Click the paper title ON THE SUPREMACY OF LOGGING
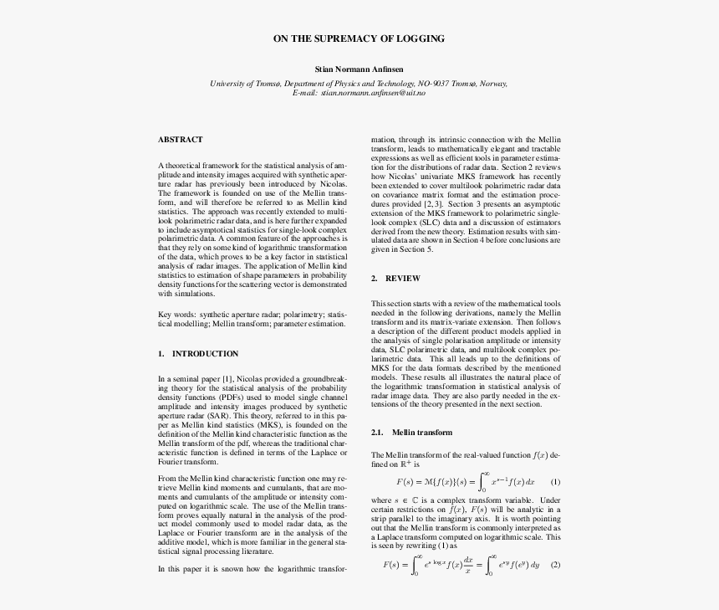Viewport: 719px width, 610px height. pos(359,38)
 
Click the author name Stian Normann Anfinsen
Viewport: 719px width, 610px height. pos(359,69)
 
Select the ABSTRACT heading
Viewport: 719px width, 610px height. pos(180,140)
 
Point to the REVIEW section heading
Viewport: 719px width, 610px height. pos(402,279)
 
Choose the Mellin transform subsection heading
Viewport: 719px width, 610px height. pos(422,433)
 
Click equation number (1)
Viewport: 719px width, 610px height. pos(555,482)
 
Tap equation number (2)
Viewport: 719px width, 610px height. pos(555,564)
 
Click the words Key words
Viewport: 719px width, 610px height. pos(176,315)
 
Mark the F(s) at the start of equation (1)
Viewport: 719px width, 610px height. pos(406,482)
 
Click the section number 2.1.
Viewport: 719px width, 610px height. pos(377,433)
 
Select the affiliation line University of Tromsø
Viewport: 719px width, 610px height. pos(359,84)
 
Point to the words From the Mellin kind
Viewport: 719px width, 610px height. pos(196,478)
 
